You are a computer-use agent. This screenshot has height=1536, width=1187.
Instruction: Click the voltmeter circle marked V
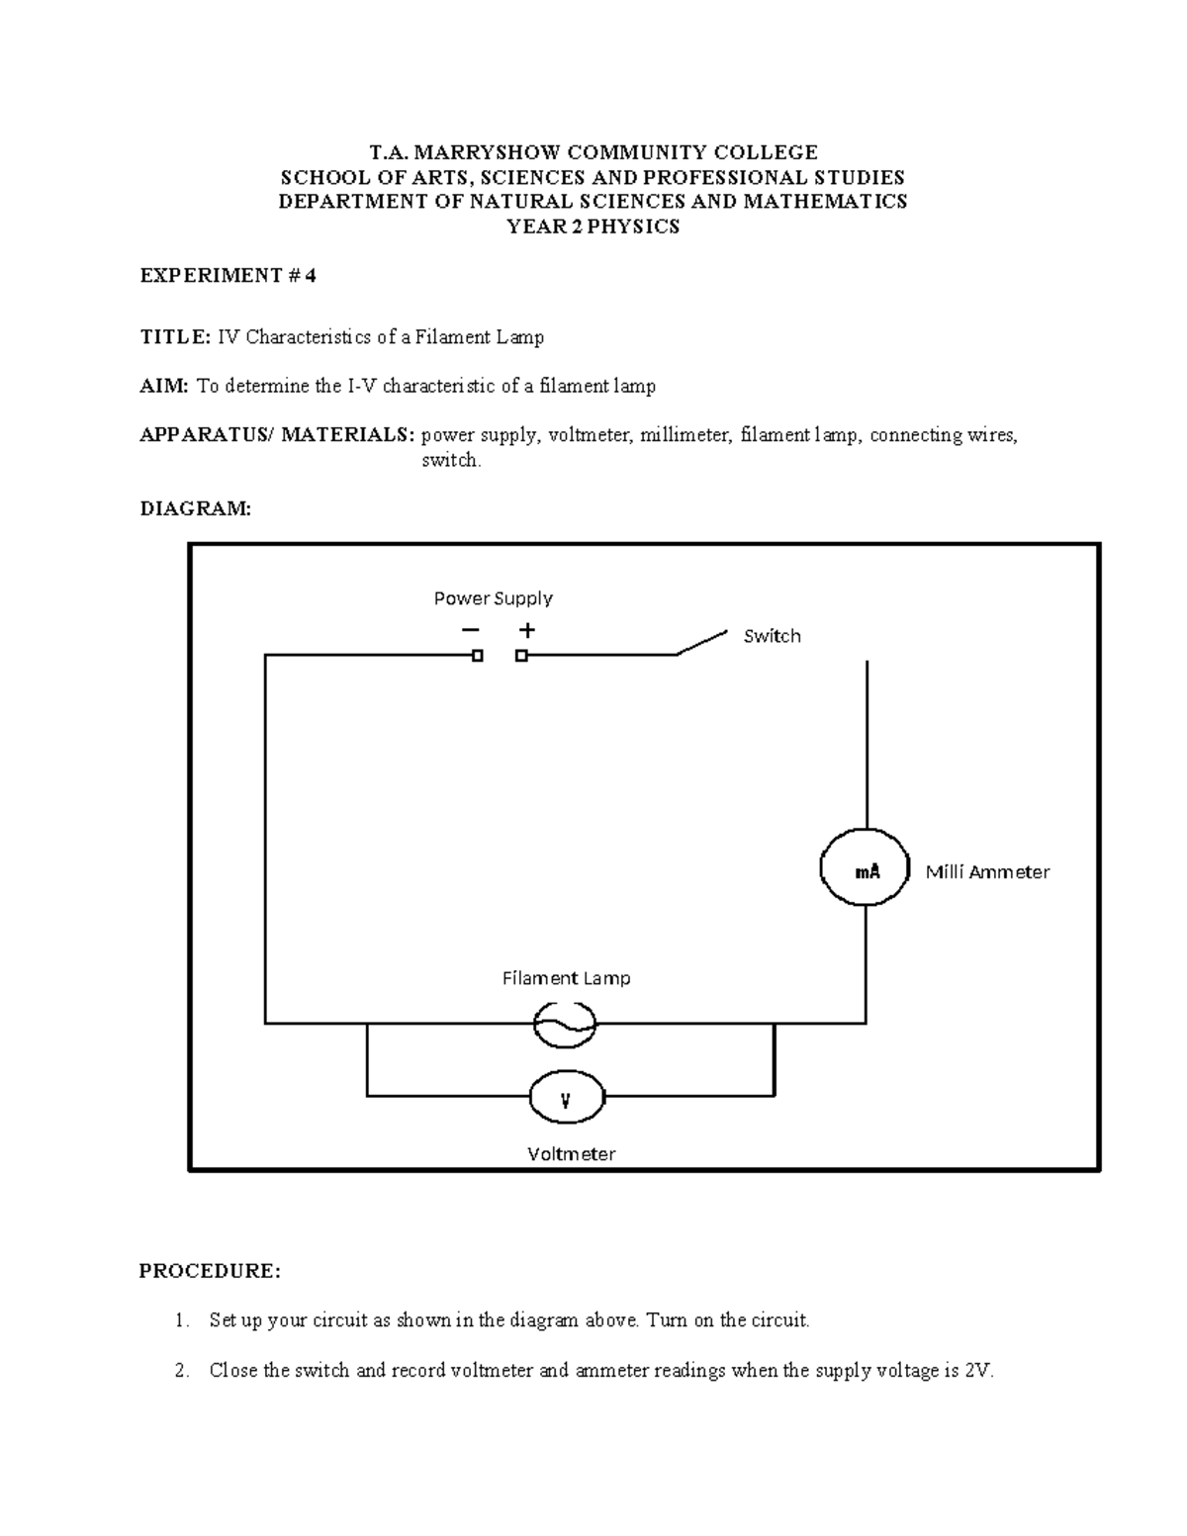[x=566, y=1098]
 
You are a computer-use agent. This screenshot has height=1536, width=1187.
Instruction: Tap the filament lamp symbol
[x=565, y=1025]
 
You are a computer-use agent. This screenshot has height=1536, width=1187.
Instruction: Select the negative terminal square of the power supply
[x=478, y=656]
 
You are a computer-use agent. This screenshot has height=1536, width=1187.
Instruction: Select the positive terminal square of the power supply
[x=521, y=656]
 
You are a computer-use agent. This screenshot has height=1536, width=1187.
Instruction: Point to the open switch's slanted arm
[x=701, y=641]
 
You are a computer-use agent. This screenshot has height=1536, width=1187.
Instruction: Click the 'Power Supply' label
[x=493, y=598]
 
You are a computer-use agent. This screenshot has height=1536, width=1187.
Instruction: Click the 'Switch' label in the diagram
[x=772, y=636]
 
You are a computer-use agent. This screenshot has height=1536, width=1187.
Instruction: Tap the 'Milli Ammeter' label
[x=987, y=871]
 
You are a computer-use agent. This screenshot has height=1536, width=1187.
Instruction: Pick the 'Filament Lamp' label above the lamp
[x=566, y=978]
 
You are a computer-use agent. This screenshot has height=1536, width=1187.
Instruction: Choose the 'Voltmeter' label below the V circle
[x=571, y=1153]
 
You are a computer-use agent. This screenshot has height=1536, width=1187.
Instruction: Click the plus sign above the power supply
[x=527, y=630]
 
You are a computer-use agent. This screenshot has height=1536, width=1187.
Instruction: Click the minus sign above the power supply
[x=469, y=630]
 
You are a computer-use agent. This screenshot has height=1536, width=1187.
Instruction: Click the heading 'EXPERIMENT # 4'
[x=228, y=276]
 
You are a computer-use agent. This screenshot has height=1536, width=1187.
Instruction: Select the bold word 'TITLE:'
[x=174, y=337]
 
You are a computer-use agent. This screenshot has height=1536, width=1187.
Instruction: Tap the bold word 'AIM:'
[x=163, y=386]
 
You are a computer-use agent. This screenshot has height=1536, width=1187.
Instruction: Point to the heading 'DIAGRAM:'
[x=196, y=508]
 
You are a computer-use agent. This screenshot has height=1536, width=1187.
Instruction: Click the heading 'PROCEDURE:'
[x=210, y=1271]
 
